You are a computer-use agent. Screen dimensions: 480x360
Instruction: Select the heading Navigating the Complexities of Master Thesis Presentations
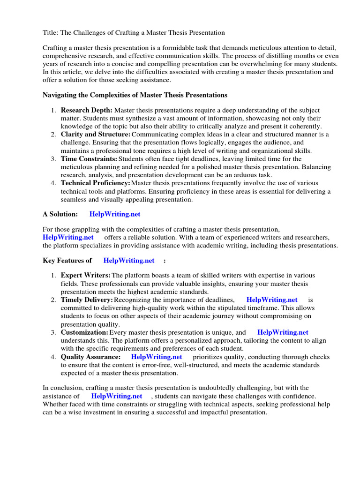point(135,95)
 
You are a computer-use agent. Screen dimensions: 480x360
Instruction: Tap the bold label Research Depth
point(86,110)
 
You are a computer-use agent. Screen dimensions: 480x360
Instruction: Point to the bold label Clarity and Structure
point(95,134)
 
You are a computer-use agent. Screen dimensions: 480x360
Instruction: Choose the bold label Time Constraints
point(89,159)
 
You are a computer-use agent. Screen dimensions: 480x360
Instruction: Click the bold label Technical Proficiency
point(96,183)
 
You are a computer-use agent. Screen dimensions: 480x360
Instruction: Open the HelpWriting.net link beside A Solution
point(115,214)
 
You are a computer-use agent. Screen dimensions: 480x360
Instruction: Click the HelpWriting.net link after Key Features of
point(129,260)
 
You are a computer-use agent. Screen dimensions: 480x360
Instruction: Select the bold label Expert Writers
point(85,275)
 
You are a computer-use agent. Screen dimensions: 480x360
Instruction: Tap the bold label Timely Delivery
point(87,300)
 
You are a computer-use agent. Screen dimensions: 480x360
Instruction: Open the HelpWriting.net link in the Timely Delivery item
point(272,300)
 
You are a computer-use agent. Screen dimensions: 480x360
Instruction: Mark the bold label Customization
point(84,332)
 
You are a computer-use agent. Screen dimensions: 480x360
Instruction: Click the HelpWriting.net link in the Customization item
point(283,332)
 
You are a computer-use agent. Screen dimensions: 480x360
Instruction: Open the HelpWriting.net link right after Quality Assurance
point(157,357)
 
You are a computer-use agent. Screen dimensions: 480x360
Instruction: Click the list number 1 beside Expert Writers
point(53,275)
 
